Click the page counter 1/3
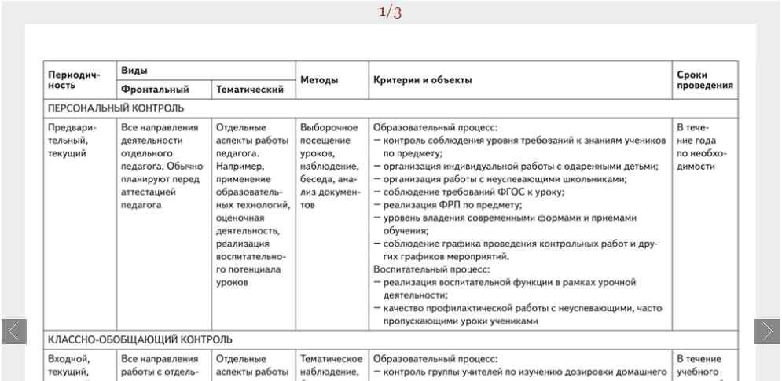(391, 12)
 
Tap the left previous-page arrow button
(14, 332)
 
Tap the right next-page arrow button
(768, 332)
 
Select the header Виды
(133, 71)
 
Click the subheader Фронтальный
(155, 90)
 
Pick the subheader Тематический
(249, 90)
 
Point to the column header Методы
(320, 80)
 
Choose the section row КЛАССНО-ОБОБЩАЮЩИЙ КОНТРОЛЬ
(140, 339)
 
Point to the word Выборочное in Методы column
(329, 126)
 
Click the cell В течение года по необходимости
(696, 146)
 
